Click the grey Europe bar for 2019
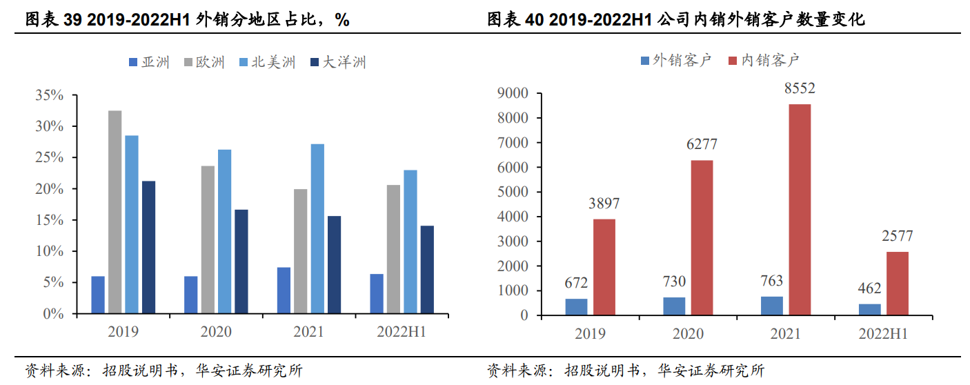(115, 212)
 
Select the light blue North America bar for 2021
(317, 228)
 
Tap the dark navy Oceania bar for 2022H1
(427, 269)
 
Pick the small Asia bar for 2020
(190, 295)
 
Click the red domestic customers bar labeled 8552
(800, 210)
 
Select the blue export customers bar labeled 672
(576, 307)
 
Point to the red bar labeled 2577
(898, 284)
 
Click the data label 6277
(702, 144)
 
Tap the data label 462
(869, 288)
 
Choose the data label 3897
(604, 203)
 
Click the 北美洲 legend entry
(267, 62)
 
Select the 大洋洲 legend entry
(338, 62)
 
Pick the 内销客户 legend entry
(764, 61)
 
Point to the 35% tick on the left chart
(50, 95)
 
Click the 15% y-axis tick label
(50, 220)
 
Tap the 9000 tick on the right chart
(513, 93)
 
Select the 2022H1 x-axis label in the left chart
(402, 332)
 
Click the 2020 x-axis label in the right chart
(688, 333)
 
